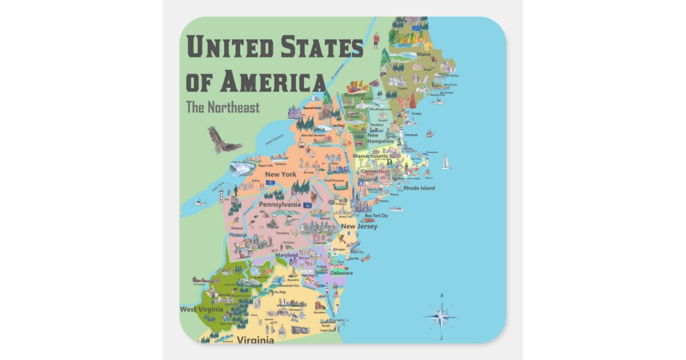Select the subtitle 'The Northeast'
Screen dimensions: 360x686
point(222,107)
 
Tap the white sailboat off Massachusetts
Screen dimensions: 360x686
point(446,162)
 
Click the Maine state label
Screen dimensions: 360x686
point(424,55)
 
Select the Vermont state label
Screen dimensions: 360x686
point(354,95)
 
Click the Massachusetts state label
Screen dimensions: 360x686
point(370,156)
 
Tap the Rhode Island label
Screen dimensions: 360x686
point(419,188)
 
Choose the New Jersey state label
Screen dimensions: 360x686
point(358,226)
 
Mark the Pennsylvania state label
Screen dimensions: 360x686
point(280,204)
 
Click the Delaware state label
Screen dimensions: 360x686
point(341,273)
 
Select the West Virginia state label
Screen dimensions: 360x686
point(204,309)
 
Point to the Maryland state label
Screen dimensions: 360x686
point(286,255)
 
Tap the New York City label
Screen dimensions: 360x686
point(376,215)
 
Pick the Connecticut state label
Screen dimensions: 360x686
point(375,171)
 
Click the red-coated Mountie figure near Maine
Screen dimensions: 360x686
point(377,39)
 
